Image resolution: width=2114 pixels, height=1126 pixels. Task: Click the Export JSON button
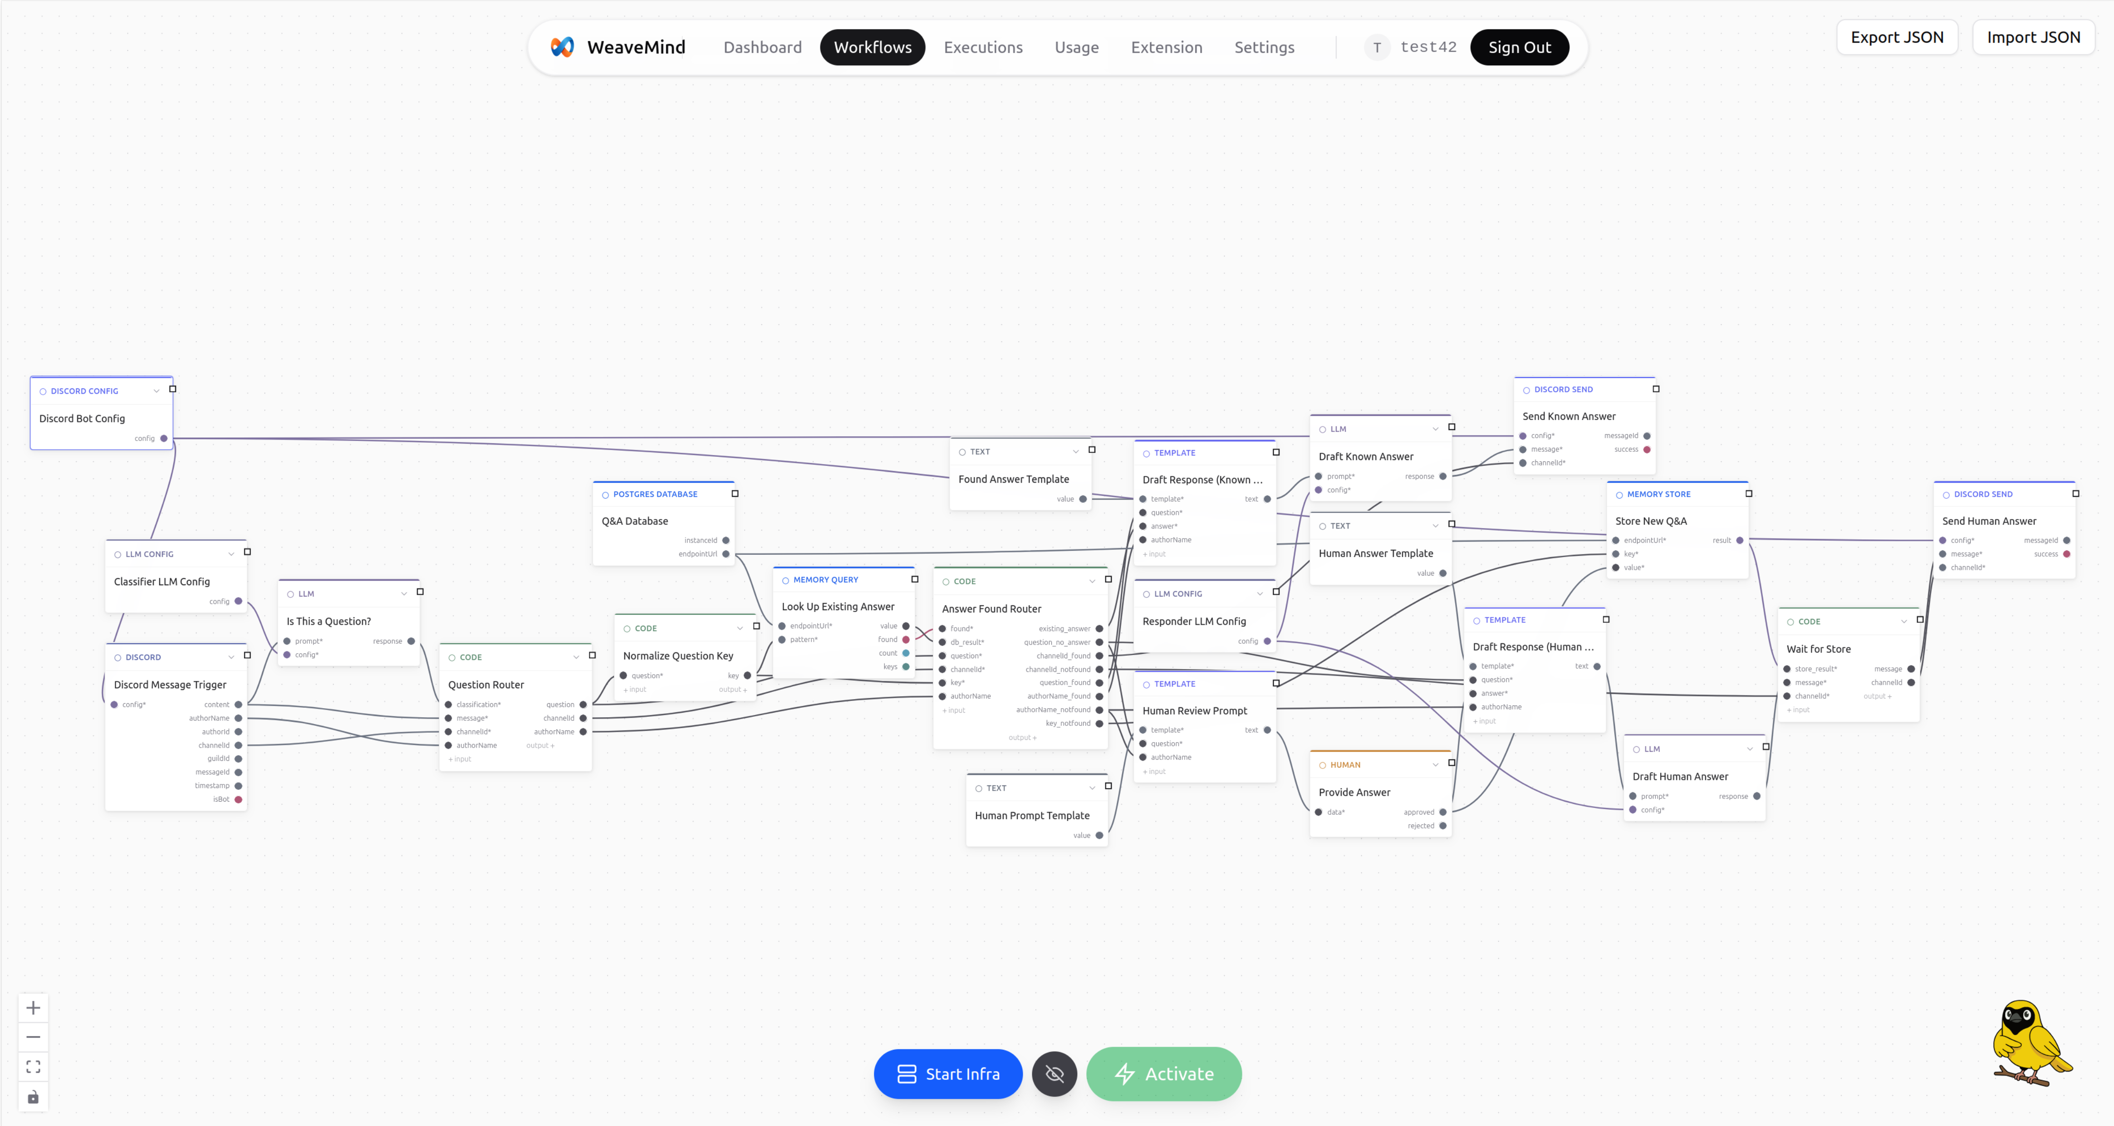pos(1897,37)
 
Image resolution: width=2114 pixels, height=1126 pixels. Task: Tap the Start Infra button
pos(948,1073)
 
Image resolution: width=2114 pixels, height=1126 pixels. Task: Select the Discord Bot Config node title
pos(82,419)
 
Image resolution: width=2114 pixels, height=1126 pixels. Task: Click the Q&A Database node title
pos(634,521)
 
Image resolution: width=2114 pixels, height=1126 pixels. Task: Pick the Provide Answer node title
pos(1354,792)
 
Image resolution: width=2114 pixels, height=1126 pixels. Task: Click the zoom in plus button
pos(33,1008)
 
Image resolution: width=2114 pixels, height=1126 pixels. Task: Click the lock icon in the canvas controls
pos(33,1097)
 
